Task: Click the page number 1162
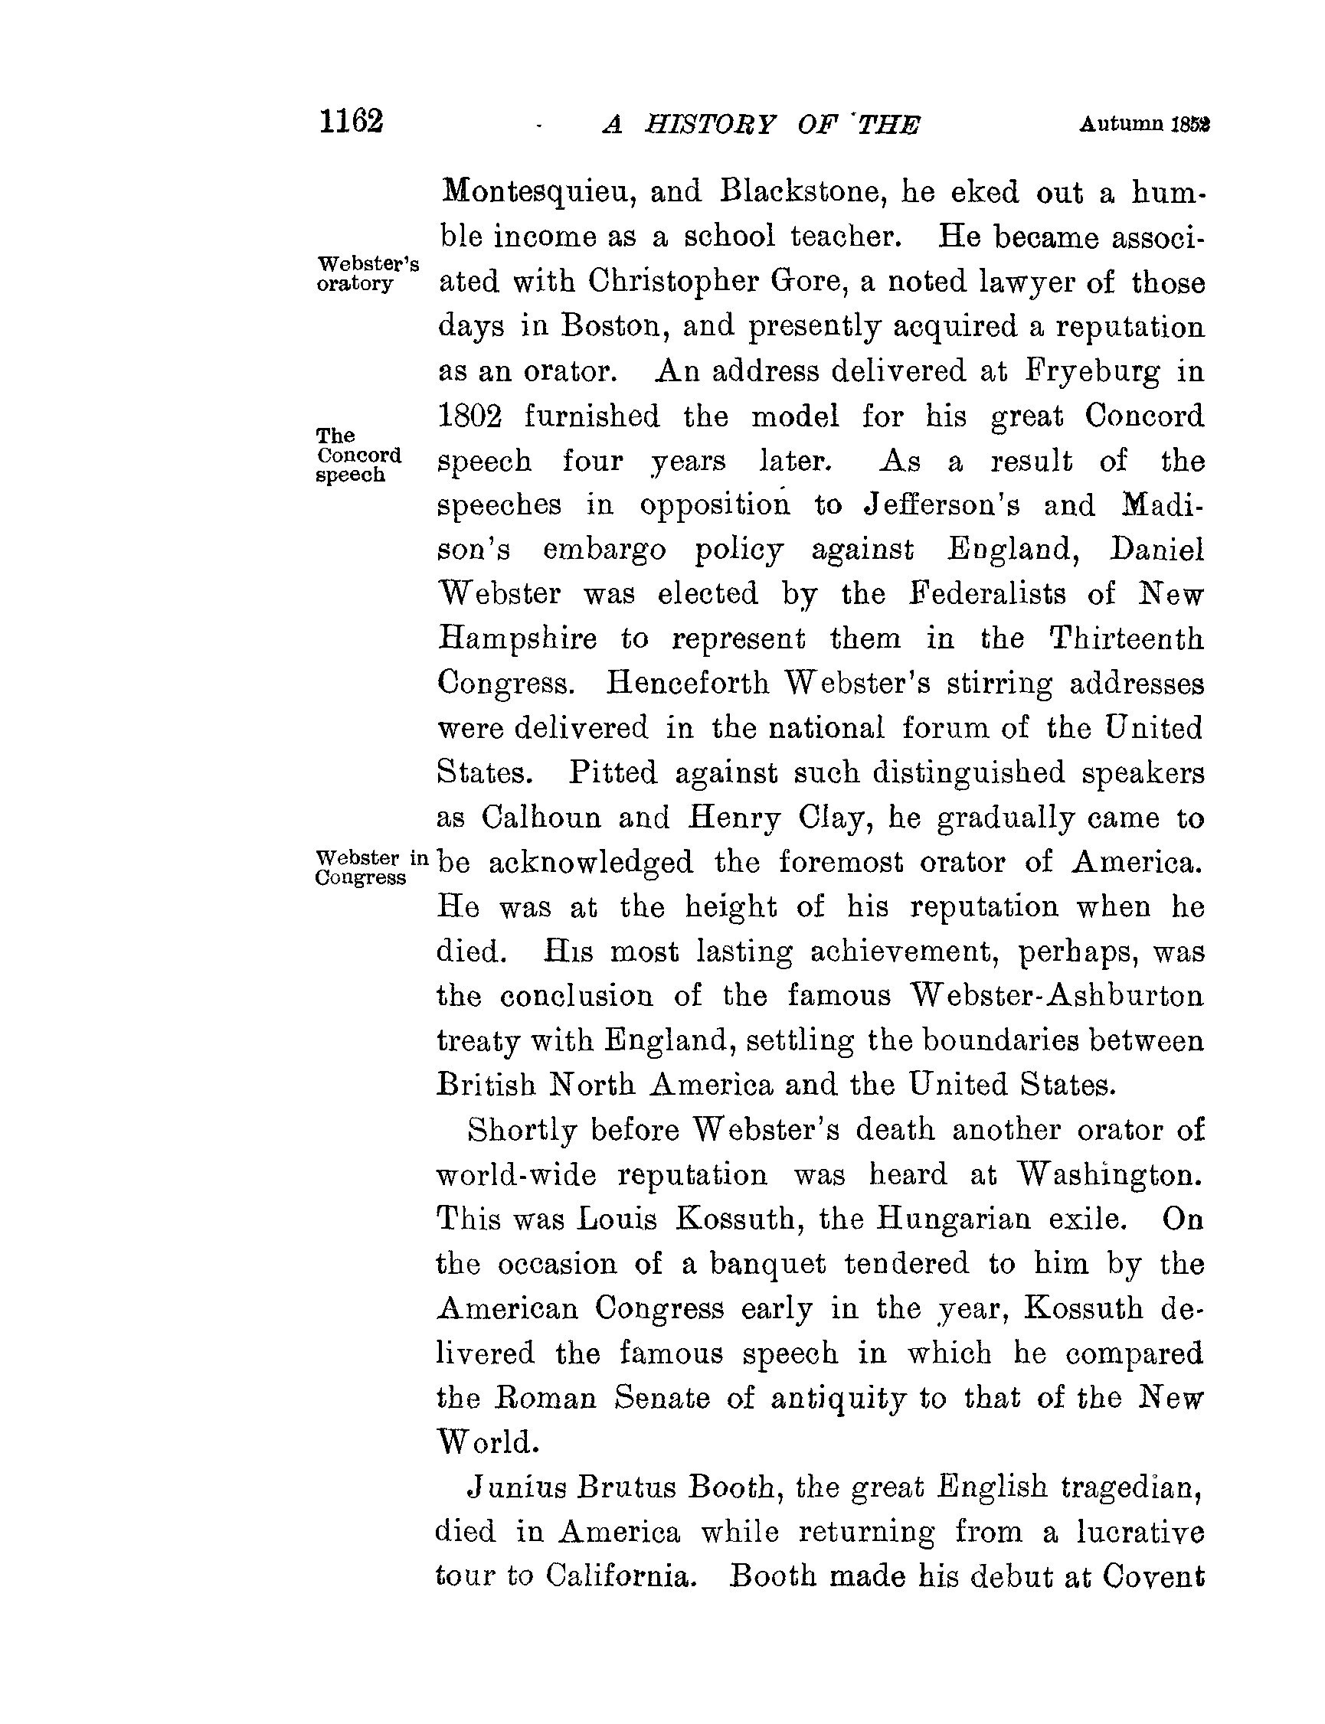(x=351, y=122)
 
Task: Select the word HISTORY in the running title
(x=711, y=125)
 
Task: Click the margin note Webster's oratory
(x=367, y=273)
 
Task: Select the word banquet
(x=767, y=1265)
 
